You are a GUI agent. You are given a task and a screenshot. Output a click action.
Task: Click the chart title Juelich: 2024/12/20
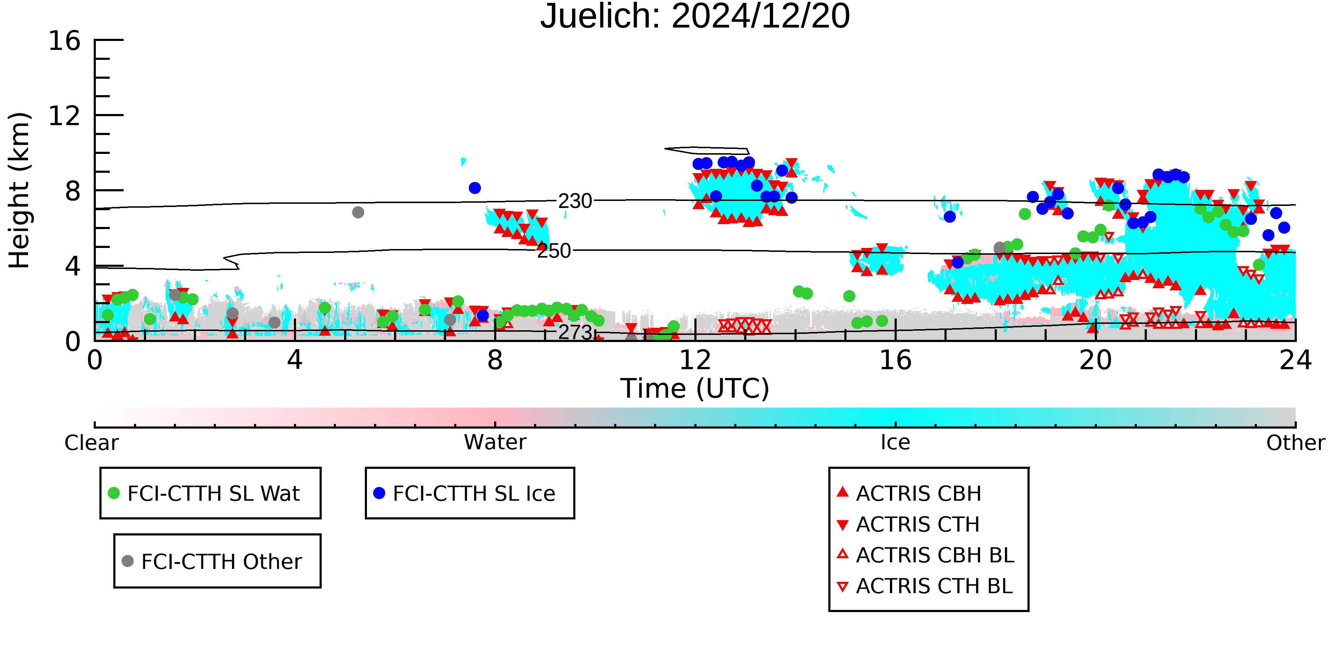(695, 17)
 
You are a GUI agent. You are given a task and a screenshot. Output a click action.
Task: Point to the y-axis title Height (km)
(20, 190)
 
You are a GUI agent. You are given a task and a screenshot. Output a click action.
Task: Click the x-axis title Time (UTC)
(695, 388)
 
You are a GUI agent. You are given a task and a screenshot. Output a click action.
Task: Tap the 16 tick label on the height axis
(64, 41)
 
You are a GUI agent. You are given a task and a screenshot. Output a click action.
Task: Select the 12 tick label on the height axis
(64, 116)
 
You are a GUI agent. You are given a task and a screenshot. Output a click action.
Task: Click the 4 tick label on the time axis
(295, 360)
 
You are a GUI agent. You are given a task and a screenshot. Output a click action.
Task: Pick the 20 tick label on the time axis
(1096, 360)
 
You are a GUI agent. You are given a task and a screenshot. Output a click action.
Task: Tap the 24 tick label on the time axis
(1295, 360)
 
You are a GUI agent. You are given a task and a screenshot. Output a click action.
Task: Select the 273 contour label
(575, 332)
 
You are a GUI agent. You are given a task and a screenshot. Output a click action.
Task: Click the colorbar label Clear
(91, 443)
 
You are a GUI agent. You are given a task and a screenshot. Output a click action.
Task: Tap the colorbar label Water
(495, 442)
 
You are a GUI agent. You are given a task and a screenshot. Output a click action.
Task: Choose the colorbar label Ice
(895, 442)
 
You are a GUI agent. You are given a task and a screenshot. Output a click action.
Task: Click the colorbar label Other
(1295, 443)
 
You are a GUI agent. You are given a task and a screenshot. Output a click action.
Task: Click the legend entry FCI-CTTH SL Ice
(464, 493)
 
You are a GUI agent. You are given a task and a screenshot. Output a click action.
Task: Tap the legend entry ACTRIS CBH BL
(926, 555)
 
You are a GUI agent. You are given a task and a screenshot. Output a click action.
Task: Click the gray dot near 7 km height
(358, 212)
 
